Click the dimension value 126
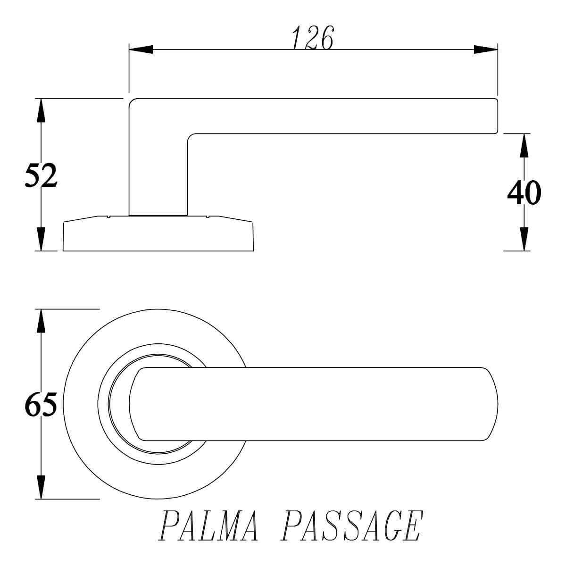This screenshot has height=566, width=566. click(x=313, y=38)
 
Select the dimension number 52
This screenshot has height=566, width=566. click(x=41, y=175)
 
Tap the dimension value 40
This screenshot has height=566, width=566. click(x=524, y=193)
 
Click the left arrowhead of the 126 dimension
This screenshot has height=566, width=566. click(x=141, y=50)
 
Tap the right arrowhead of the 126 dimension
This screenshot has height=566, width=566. click(x=485, y=50)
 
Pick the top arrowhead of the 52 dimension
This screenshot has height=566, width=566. click(x=41, y=110)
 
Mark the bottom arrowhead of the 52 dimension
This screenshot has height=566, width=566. click(x=41, y=239)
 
